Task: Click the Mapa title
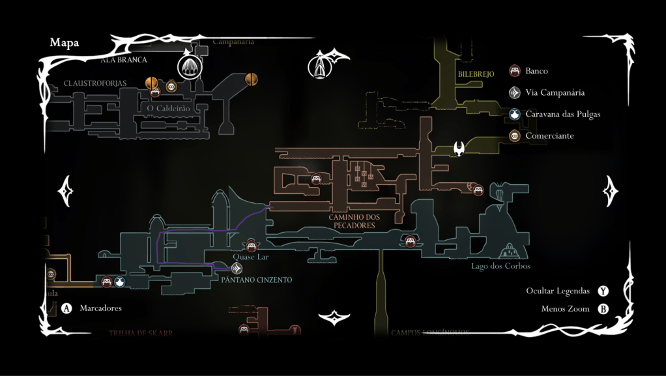pyautogui.click(x=64, y=43)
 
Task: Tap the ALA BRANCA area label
pyautogui.click(x=124, y=60)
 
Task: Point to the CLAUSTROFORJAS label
pyautogui.click(x=95, y=83)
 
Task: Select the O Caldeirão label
pyautogui.click(x=168, y=108)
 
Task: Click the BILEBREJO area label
pyautogui.click(x=476, y=74)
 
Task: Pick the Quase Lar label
pyautogui.click(x=251, y=257)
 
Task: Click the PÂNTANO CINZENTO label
pyautogui.click(x=256, y=280)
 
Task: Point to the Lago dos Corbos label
pyautogui.click(x=500, y=266)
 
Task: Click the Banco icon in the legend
pyautogui.click(x=515, y=70)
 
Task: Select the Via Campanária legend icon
pyautogui.click(x=515, y=92)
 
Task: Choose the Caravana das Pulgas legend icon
pyautogui.click(x=515, y=114)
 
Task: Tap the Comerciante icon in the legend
pyautogui.click(x=515, y=136)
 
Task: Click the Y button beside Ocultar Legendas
pyautogui.click(x=603, y=291)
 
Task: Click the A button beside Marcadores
pyautogui.click(x=66, y=308)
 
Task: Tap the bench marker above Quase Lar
pyautogui.click(x=251, y=245)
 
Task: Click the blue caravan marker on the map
pyautogui.click(x=119, y=282)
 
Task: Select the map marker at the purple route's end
pyautogui.click(x=237, y=267)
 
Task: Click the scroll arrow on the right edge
pyautogui.click(x=611, y=191)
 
